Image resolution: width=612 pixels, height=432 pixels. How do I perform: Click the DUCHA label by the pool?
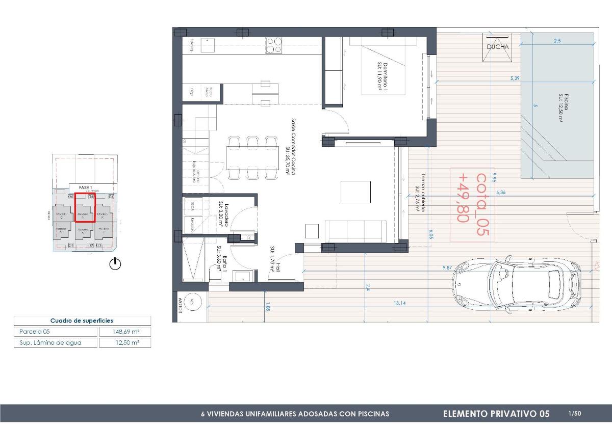(x=497, y=47)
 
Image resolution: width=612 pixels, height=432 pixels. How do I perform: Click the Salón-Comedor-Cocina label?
(x=291, y=147)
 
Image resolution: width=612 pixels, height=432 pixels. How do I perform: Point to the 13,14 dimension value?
(x=400, y=304)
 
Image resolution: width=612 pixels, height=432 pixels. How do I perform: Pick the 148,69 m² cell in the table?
(x=125, y=332)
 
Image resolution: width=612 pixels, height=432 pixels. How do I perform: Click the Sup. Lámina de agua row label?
(x=50, y=343)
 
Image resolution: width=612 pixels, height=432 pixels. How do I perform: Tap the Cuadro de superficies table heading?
(x=82, y=321)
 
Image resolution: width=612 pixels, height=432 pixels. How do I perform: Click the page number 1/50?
(x=574, y=413)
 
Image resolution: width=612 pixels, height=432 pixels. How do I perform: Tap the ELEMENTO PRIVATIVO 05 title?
(x=496, y=414)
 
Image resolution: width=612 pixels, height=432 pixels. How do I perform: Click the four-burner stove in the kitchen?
(x=274, y=45)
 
